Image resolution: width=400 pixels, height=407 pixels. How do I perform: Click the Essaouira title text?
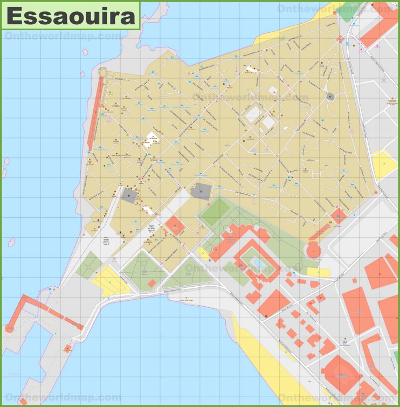(x=71, y=16)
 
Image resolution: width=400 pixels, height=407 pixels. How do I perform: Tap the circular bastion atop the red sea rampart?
(x=102, y=72)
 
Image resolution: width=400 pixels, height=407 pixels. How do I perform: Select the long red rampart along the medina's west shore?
(x=95, y=113)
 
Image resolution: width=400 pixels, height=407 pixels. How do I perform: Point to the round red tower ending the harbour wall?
(x=9, y=327)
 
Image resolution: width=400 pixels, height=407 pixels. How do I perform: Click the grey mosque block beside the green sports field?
(x=202, y=191)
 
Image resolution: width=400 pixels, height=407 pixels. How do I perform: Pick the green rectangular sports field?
(x=216, y=212)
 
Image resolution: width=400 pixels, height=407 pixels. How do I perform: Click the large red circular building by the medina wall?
(x=313, y=250)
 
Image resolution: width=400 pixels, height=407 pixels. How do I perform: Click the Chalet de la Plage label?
(x=188, y=301)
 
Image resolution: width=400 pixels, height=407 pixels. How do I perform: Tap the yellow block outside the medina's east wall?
(x=384, y=165)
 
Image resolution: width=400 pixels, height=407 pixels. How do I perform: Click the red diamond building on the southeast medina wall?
(x=338, y=216)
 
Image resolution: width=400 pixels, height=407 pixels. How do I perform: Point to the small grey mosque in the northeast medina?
(x=330, y=96)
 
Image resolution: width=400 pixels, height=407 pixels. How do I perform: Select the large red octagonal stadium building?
(x=341, y=372)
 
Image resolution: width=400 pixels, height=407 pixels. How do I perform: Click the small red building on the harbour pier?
(x=67, y=348)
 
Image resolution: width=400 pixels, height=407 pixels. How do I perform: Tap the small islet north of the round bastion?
(x=85, y=52)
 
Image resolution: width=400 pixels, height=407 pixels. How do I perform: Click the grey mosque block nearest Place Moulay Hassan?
(x=129, y=196)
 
